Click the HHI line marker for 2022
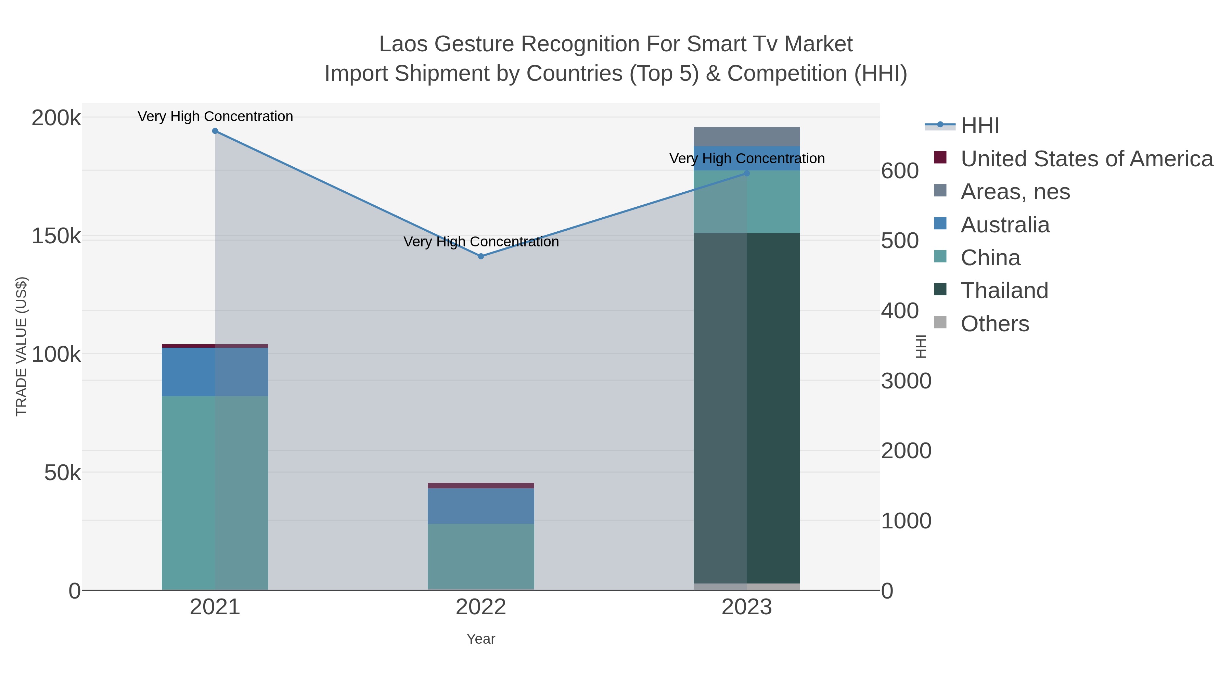tap(481, 256)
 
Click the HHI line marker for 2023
tap(747, 173)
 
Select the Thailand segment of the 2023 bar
tap(747, 407)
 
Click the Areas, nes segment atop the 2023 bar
tap(747, 136)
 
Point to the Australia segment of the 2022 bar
tap(481, 506)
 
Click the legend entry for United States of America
tap(1086, 159)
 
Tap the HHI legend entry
tap(979, 126)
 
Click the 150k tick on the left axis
tap(56, 236)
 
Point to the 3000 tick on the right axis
tap(906, 381)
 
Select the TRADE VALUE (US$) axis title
tap(22, 346)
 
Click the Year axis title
tap(481, 639)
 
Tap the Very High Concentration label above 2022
tap(481, 242)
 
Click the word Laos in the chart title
tap(403, 44)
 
